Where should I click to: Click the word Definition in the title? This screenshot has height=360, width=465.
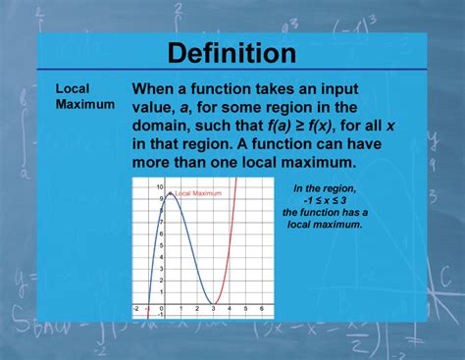(232, 52)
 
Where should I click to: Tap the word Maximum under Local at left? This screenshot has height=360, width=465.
(84, 103)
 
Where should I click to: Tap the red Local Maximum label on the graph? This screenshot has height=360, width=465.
(198, 193)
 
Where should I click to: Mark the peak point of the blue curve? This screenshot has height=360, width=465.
(171, 193)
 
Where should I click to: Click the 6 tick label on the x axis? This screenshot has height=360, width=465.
(260, 310)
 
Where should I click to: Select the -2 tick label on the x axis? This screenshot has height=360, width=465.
(136, 310)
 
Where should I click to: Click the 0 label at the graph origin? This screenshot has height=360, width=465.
(159, 310)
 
